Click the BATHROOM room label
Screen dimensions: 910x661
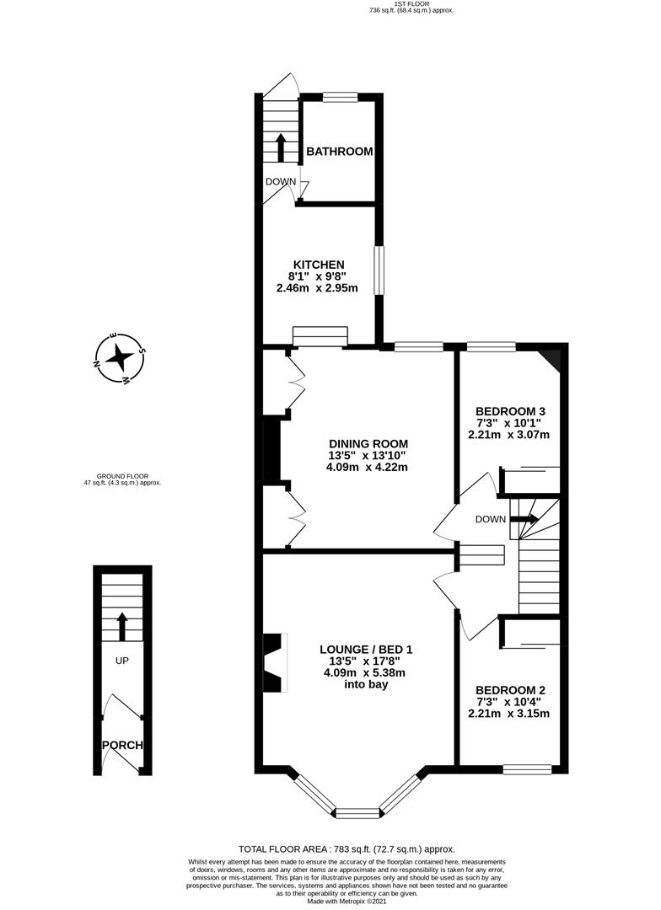pyautogui.click(x=339, y=152)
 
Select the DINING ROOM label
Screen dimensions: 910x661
pyautogui.click(x=368, y=444)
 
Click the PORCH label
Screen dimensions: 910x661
pyautogui.click(x=122, y=746)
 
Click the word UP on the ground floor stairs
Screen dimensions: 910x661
pyautogui.click(x=121, y=661)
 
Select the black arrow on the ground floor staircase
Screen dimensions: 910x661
pyautogui.click(x=121, y=625)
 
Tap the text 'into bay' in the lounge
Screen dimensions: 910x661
pyautogui.click(x=365, y=685)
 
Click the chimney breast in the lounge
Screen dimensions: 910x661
pyautogui.click(x=272, y=663)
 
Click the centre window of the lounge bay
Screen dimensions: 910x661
pyautogui.click(x=359, y=813)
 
